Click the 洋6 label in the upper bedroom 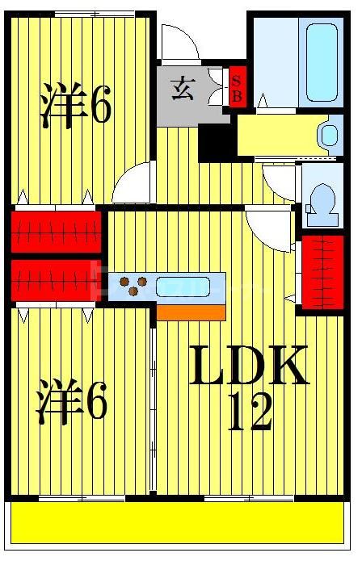(76, 106)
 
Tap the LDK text (248, 366)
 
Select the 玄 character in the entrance (181, 86)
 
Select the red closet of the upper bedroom (56, 229)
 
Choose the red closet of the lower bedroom (56, 280)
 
